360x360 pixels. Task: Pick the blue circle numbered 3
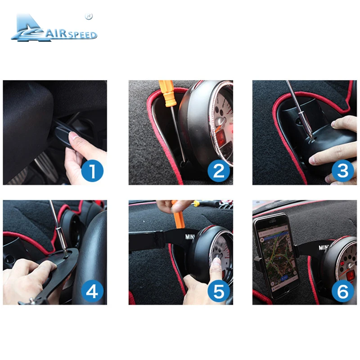[x=343, y=171]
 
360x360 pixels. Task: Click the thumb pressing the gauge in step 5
[x=215, y=263]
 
